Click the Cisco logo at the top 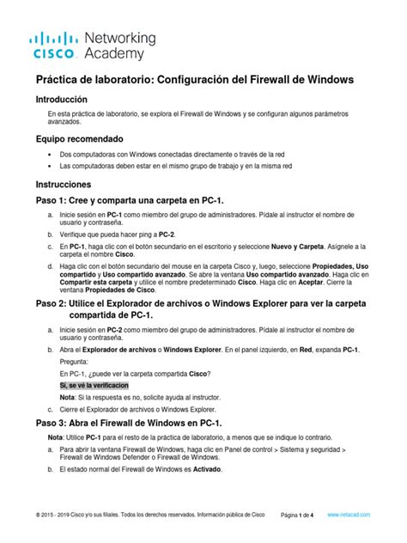(x=55, y=46)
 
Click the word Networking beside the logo (x=121, y=38)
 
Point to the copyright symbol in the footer (x=38, y=515)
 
